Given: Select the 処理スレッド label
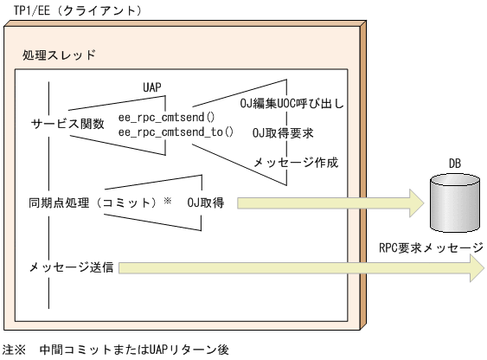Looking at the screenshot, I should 59,55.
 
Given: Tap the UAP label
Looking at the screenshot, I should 151,87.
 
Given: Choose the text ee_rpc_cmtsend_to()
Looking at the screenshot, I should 176,132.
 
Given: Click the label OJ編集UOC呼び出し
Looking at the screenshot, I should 292,106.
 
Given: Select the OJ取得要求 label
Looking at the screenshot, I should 283,133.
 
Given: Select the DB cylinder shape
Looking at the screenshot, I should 453,205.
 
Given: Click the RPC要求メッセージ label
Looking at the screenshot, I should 431,247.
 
